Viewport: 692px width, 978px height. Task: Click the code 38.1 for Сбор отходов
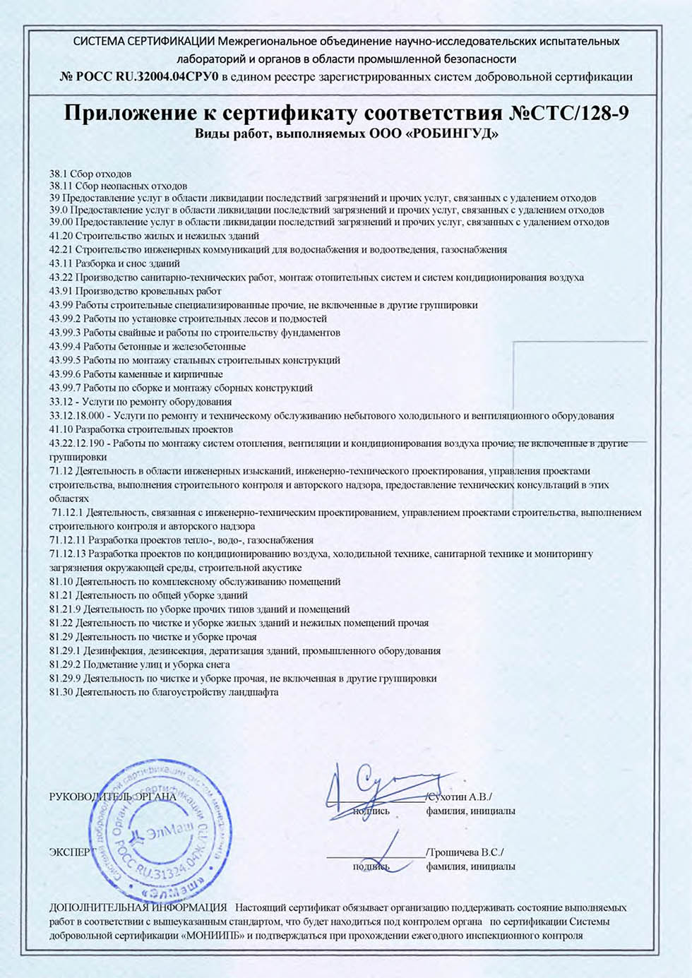point(58,174)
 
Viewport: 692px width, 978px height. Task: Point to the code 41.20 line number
point(61,236)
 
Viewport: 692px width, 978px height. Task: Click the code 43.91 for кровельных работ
point(61,291)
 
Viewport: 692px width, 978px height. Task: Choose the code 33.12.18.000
point(76,416)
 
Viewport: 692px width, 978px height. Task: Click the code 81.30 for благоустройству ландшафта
point(61,692)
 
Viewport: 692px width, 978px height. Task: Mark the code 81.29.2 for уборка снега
point(65,664)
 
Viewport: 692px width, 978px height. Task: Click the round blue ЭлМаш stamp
point(159,830)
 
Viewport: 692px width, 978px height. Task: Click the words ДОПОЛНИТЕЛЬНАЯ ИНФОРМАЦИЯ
point(138,907)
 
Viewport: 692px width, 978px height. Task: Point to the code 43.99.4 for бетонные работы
point(65,347)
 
